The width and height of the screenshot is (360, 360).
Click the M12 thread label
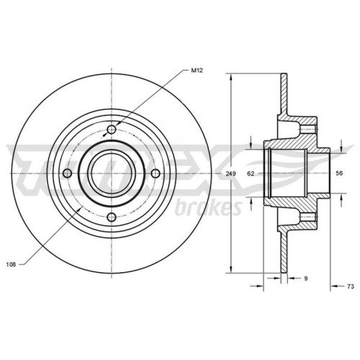pos(196,70)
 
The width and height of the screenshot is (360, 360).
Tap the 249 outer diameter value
pos(230,174)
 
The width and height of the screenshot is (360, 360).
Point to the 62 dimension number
pos(251,174)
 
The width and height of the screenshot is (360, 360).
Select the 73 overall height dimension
pos(350,287)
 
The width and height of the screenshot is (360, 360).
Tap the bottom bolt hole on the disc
pos(111,218)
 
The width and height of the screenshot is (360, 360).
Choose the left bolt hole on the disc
pos(67,174)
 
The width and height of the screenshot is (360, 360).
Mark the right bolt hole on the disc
pos(155,174)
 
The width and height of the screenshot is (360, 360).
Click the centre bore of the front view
pos(111,174)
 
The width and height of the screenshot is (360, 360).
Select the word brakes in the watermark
pos(207,209)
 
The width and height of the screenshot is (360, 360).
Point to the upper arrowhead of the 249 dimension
pos(230,77)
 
